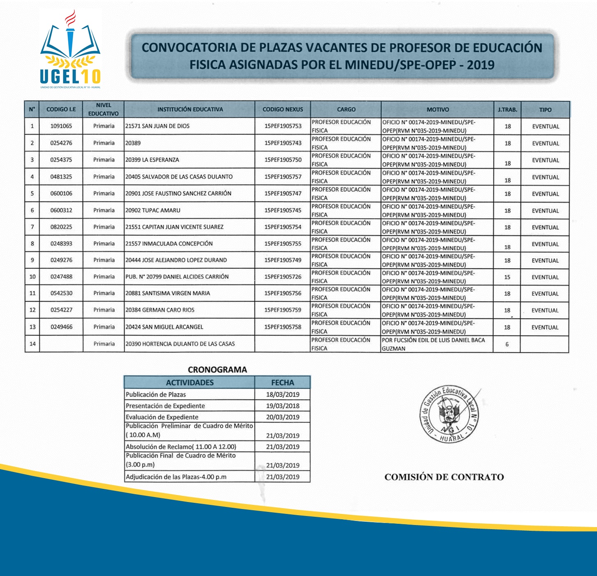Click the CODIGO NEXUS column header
coord(283,109)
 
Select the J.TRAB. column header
coord(507,110)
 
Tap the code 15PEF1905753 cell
coord(283,126)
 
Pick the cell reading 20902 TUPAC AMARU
coord(153,211)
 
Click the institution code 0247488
coord(61,277)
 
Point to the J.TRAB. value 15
coord(507,277)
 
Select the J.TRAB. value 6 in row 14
coord(507,344)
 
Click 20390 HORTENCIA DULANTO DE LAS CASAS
coord(180,344)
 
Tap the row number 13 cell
coord(32,327)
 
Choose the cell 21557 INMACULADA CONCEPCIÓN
coord(169,243)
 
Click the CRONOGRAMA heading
coord(217,370)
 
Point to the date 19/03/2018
coord(283,406)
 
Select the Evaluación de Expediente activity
coord(162,417)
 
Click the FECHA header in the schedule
coord(283,382)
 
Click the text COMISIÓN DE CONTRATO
coord(444,477)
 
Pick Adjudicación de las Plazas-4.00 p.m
coord(176,477)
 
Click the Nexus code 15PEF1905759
coord(283,310)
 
